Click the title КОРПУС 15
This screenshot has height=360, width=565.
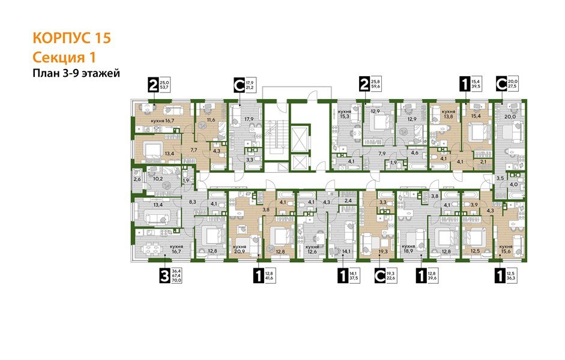point(71,38)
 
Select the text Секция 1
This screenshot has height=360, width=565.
point(62,57)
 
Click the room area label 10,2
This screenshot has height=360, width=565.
point(158,178)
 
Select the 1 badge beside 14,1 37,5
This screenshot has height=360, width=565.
point(342,277)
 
